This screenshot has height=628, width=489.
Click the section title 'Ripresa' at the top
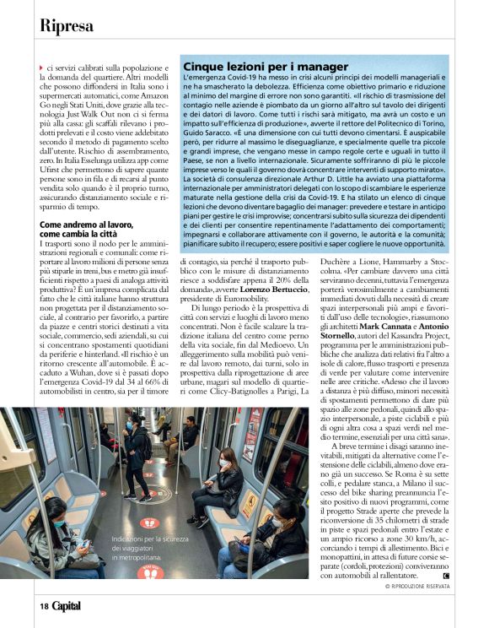coord(66,25)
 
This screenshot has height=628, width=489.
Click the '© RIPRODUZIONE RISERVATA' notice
coord(417,586)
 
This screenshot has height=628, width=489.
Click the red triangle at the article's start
coord(41,67)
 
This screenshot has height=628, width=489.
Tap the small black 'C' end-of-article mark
coord(445,576)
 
